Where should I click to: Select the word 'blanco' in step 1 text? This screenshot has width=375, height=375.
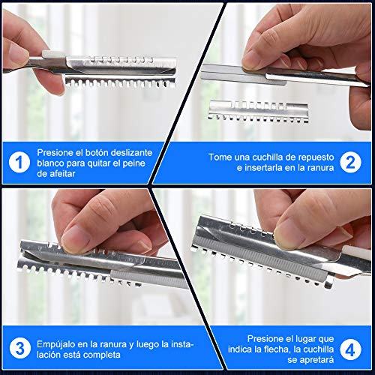(x=54, y=162)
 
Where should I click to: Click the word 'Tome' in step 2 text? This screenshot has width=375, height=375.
(x=220, y=156)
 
